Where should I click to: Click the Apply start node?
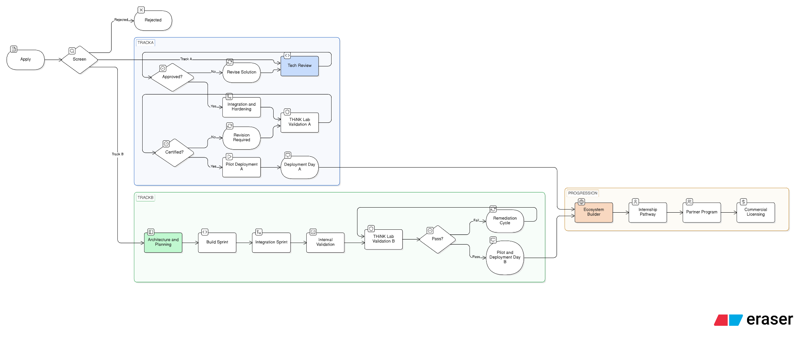click(x=26, y=60)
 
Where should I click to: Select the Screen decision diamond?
click(x=80, y=60)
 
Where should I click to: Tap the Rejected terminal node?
click(x=153, y=21)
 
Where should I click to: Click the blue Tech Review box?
click(x=300, y=66)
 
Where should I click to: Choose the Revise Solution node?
click(x=241, y=72)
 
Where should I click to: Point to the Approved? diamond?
click(x=172, y=77)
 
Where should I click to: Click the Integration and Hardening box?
click(x=241, y=107)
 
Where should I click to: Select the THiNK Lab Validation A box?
click(x=300, y=122)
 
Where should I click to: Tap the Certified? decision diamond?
click(x=175, y=152)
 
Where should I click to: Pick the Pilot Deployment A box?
click(x=241, y=167)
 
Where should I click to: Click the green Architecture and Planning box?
click(x=163, y=242)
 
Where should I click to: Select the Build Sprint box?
click(x=217, y=242)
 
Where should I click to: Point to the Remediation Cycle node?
click(x=505, y=221)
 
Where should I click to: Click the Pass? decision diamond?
click(x=438, y=239)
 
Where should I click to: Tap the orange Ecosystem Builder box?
click(x=594, y=212)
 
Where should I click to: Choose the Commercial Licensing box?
click(x=756, y=212)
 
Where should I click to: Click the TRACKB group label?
click(x=146, y=197)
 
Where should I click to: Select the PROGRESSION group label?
click(x=583, y=193)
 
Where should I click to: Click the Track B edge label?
click(x=118, y=154)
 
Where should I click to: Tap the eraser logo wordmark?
click(x=770, y=320)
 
